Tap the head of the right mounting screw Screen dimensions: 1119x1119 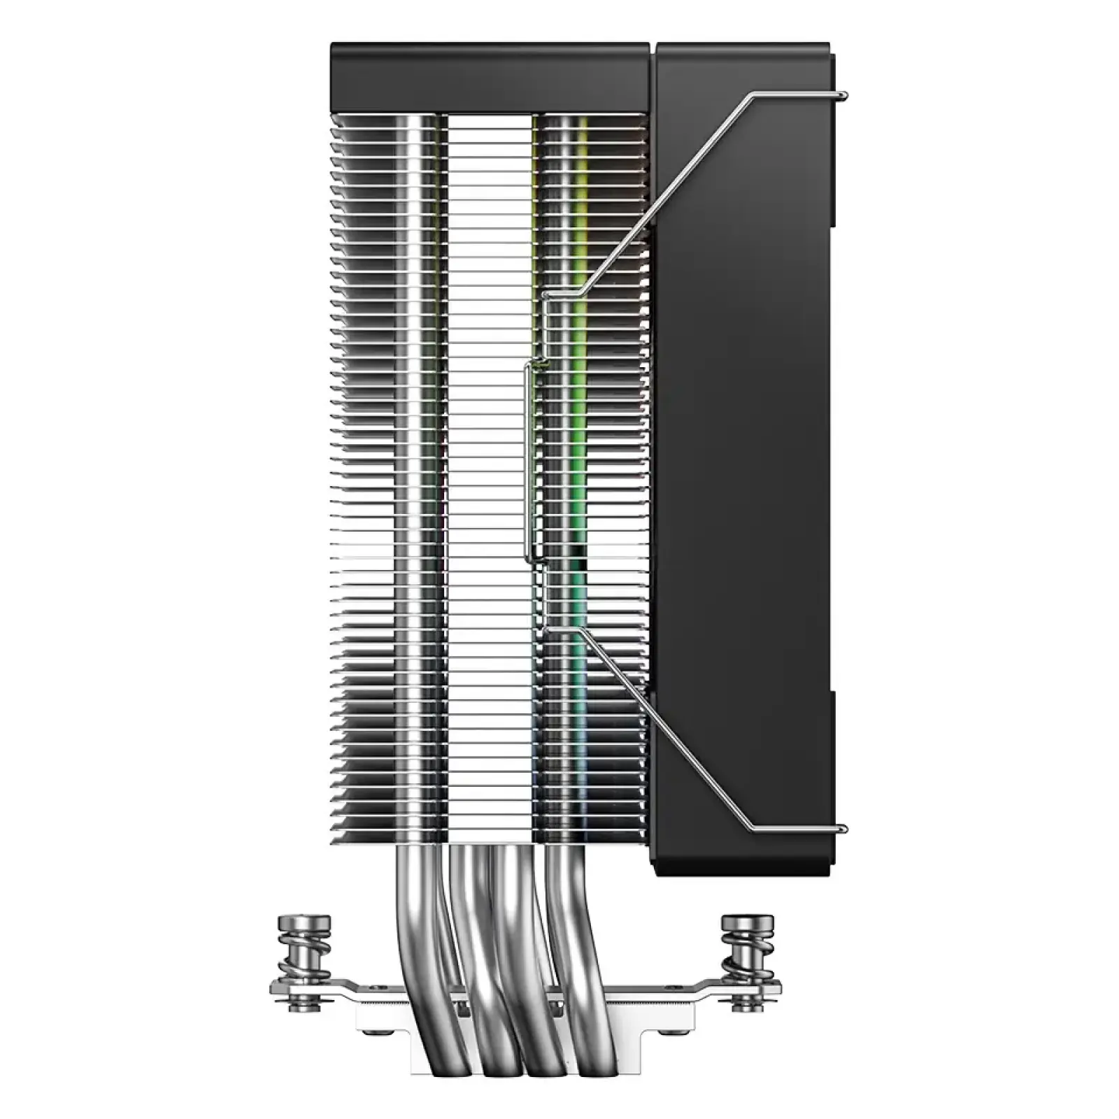click(748, 924)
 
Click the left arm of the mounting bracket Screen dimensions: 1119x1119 click(336, 986)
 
